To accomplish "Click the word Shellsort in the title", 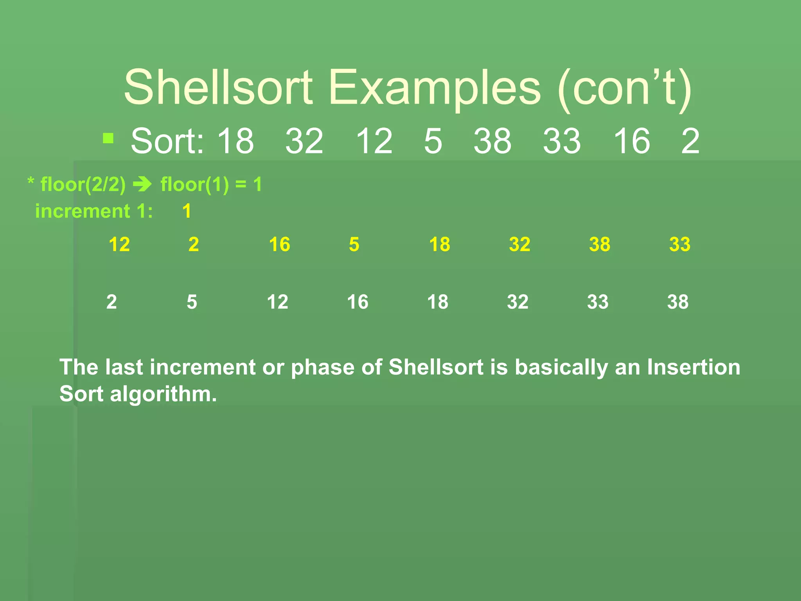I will point(218,88).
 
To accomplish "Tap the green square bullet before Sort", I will point(108,138).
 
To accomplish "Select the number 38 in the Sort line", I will point(492,141).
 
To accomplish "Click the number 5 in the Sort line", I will point(433,141).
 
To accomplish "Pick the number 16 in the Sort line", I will point(631,141).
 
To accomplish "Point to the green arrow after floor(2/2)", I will point(143,184).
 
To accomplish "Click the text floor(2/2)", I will point(83,184).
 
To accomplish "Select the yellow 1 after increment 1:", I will point(187,211).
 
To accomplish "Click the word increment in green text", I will point(83,211).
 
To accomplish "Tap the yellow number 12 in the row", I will point(119,245).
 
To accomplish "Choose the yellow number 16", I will point(279,245).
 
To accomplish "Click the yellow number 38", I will point(600,245).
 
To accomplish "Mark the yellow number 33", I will point(680,245).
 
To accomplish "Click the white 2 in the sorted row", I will point(111,302).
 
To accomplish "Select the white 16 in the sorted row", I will point(357,302).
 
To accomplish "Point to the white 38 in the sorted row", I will point(678,302).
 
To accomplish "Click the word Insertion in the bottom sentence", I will point(693,367).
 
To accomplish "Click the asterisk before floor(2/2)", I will point(31,181).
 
